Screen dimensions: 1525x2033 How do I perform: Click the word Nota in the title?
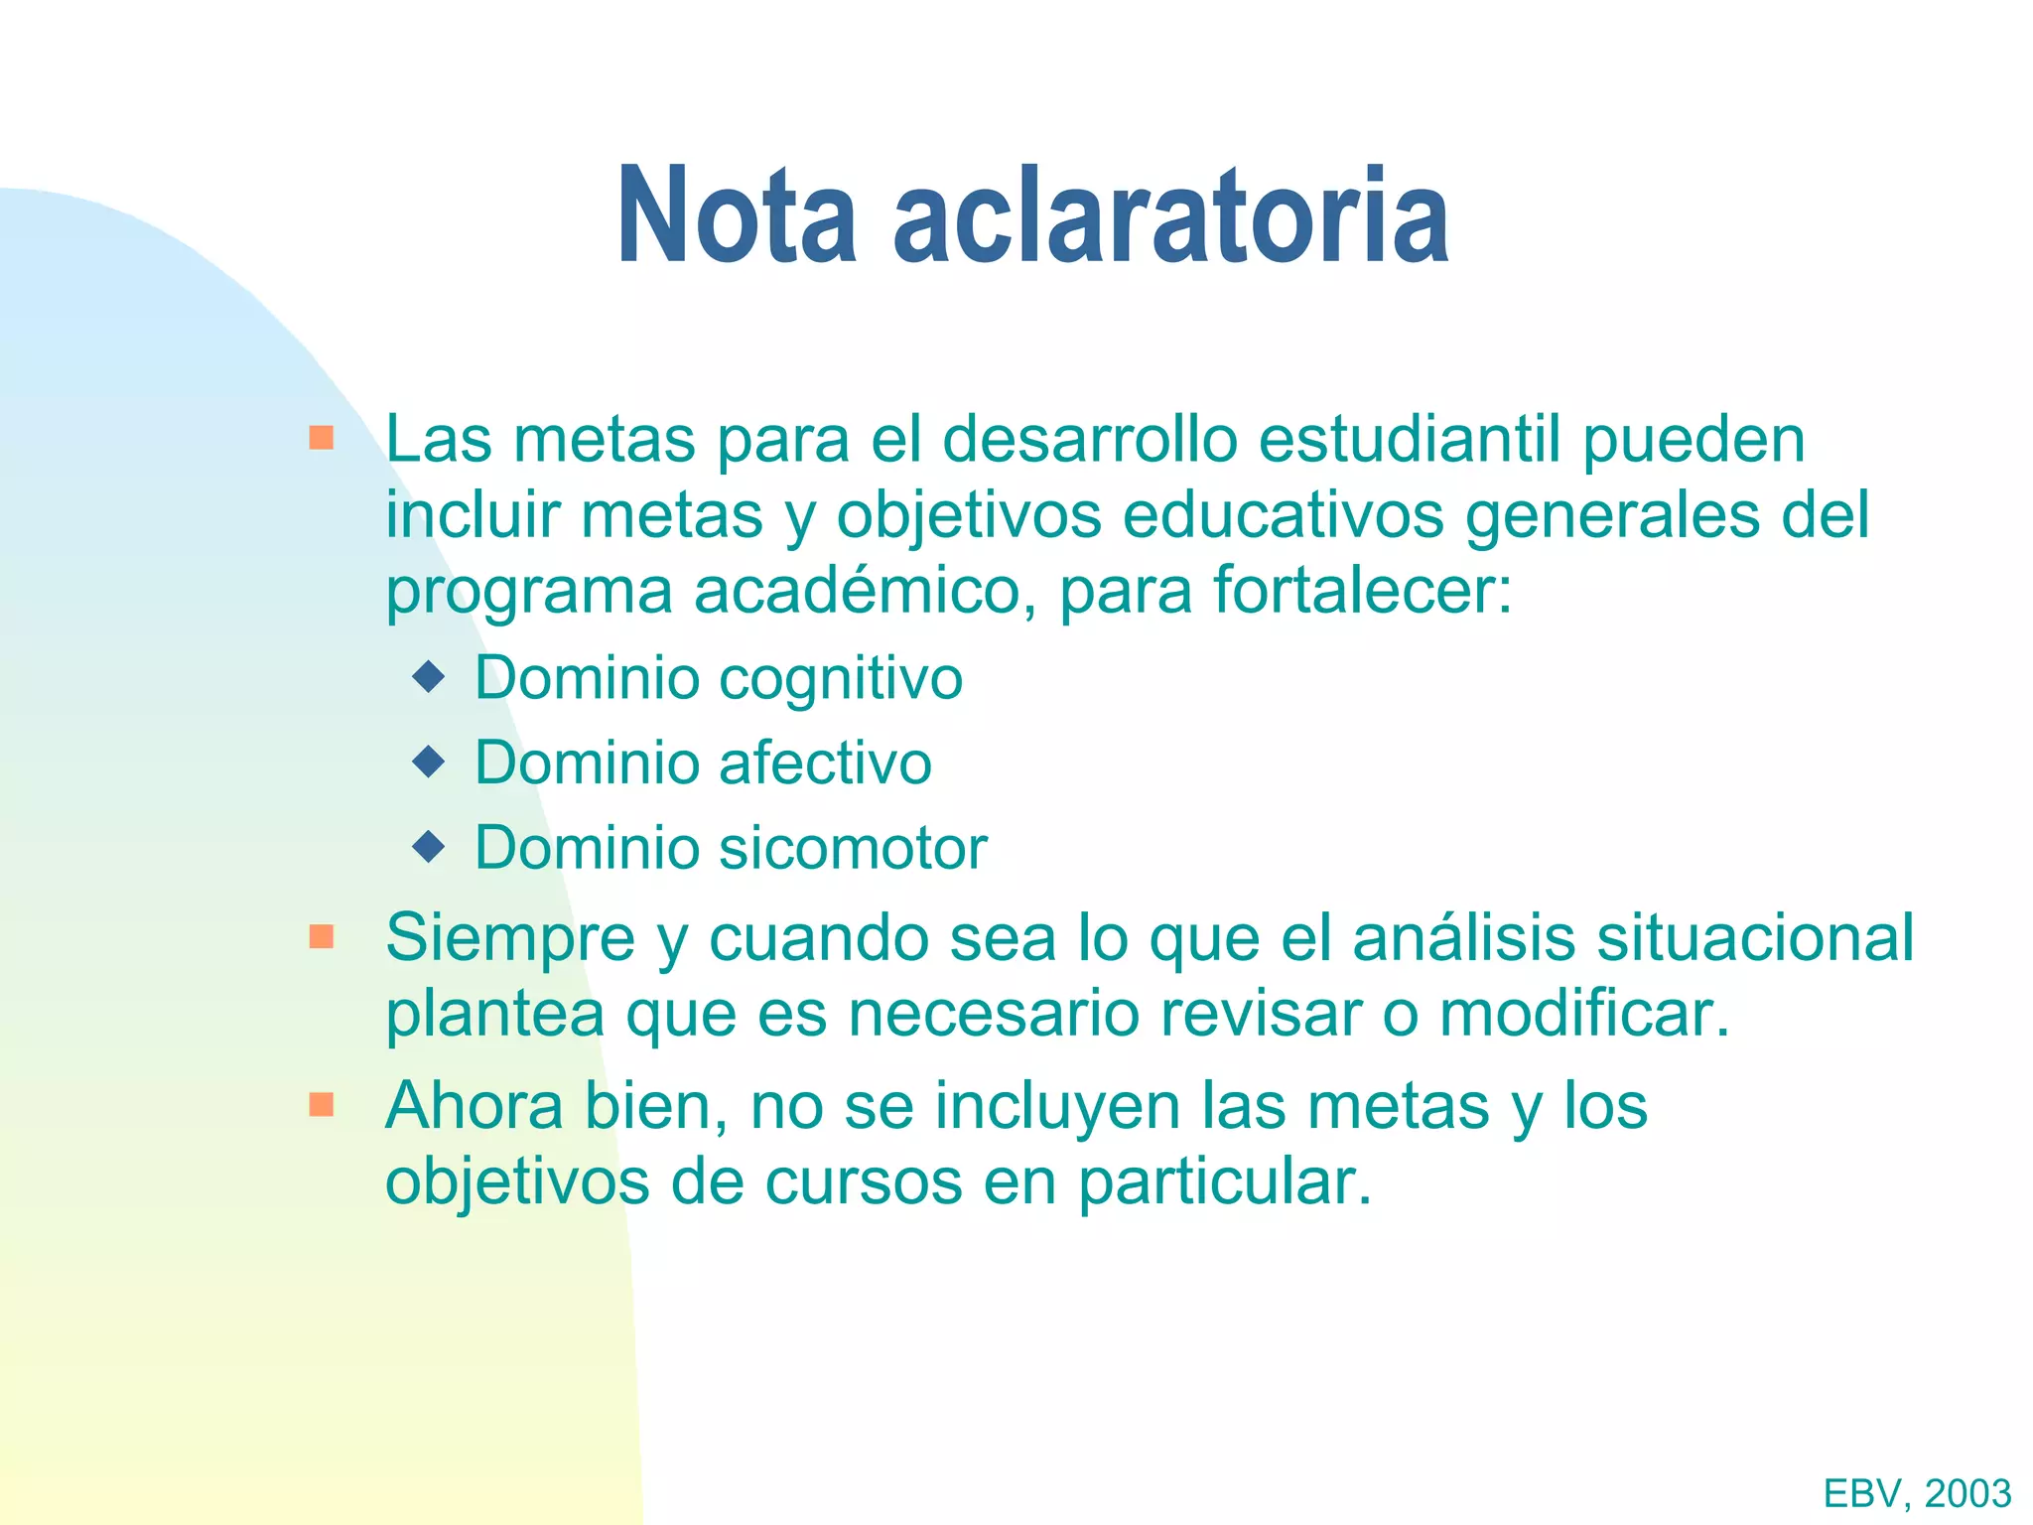(736, 216)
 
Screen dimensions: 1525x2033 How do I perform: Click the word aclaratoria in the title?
(1171, 216)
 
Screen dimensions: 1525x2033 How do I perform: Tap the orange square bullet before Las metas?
(321, 438)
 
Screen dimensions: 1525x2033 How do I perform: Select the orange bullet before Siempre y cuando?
(321, 936)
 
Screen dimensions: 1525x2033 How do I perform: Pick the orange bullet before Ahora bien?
(321, 1105)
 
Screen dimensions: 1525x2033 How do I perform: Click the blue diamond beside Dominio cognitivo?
(429, 678)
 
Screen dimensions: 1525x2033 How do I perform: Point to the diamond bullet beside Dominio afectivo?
(429, 762)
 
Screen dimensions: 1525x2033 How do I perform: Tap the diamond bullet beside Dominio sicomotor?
(429, 847)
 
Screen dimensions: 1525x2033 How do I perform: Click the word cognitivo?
(840, 680)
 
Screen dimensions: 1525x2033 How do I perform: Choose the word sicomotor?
(852, 849)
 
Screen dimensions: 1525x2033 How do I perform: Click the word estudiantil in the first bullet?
(1410, 439)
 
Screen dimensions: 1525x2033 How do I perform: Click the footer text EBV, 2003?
(1917, 1493)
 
